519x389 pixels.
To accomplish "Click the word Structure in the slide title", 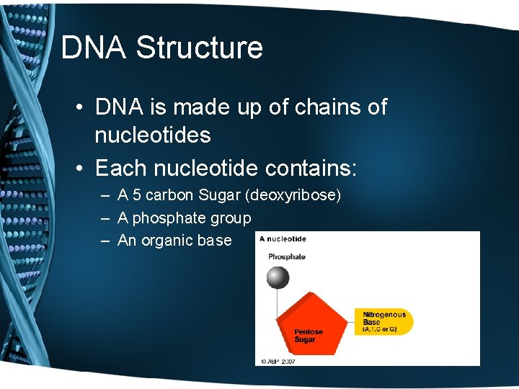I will click(199, 48).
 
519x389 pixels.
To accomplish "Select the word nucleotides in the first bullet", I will click(153, 135).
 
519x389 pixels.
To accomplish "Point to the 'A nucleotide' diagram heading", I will click(283, 239).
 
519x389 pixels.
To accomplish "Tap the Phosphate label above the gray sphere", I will click(287, 256).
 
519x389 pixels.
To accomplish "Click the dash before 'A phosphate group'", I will click(105, 218).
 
